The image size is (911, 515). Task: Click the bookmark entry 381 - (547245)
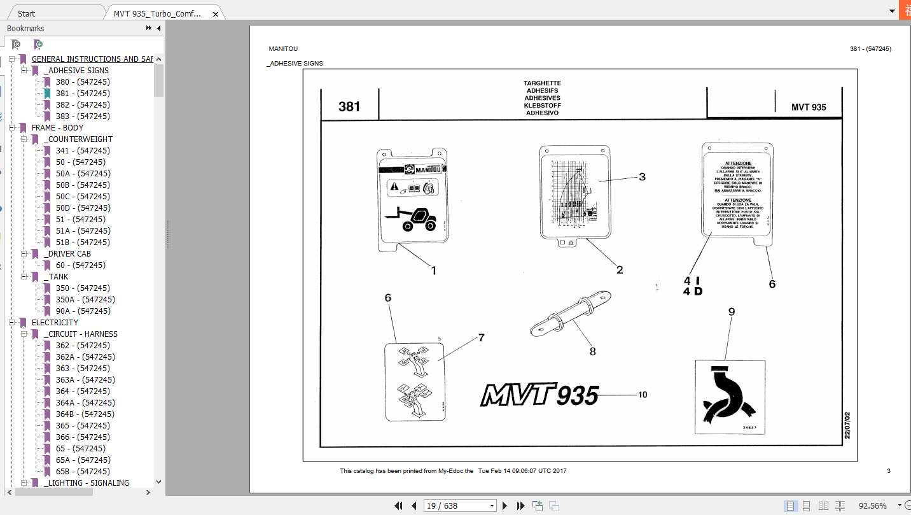coord(82,94)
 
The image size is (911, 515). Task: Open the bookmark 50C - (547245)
coord(82,197)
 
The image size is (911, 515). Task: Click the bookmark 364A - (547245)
coord(85,403)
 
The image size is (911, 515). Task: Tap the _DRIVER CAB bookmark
coord(67,254)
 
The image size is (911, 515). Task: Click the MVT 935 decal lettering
coord(539,395)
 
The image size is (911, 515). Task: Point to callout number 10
coord(643,395)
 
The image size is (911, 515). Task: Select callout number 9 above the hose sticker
coord(731,312)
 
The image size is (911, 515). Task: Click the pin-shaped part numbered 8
coord(570,316)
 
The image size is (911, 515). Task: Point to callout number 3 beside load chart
coord(642,177)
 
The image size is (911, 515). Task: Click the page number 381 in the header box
coord(349,106)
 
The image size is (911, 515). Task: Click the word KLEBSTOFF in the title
coord(542,106)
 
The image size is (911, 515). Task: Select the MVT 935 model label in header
coord(809,107)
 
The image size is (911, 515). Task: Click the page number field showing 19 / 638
coord(459,505)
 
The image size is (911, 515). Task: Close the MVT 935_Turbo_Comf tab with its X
coord(216,13)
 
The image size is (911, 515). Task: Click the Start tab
coord(27,13)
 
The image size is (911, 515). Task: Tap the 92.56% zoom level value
coord(872,505)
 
